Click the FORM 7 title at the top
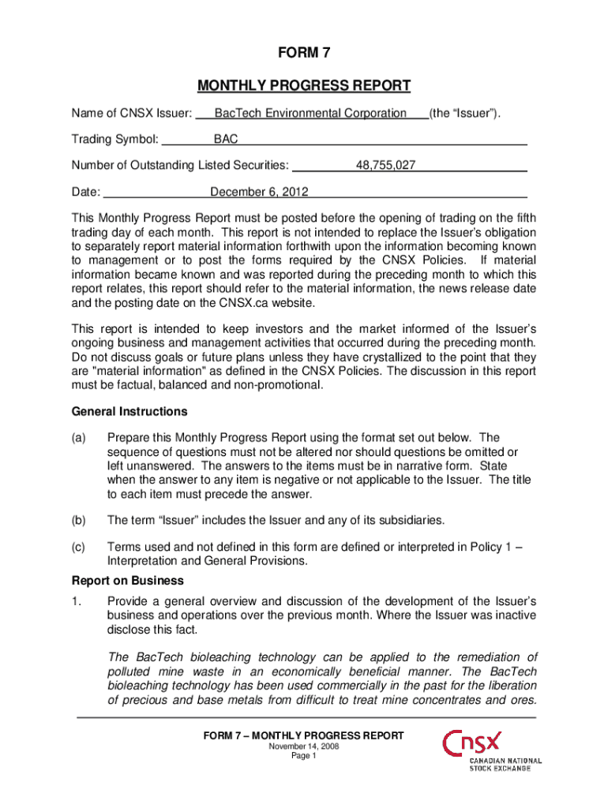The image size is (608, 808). pyautogui.click(x=304, y=54)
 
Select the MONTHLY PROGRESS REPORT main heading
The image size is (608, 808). pyautogui.click(x=304, y=85)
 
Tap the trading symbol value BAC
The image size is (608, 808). pyautogui.click(x=226, y=140)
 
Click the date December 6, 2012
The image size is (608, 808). pyautogui.click(x=259, y=192)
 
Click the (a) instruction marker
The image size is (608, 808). pyautogui.click(x=79, y=437)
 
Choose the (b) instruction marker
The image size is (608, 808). pyautogui.click(x=79, y=520)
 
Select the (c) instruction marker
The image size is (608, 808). pyautogui.click(x=79, y=546)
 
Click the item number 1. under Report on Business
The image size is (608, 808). pyautogui.click(x=77, y=600)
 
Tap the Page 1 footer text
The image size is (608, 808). pyautogui.click(x=304, y=756)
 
